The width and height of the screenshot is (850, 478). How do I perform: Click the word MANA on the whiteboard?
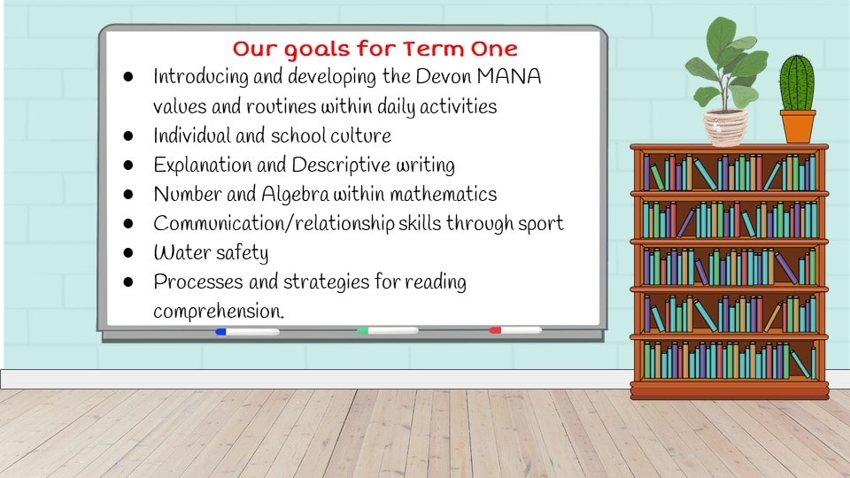(x=509, y=76)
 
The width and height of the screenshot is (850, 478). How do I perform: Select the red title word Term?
(x=433, y=49)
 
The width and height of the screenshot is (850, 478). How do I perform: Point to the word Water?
(x=182, y=252)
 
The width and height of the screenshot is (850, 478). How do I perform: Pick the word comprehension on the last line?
(x=219, y=312)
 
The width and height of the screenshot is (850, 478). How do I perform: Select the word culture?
(x=360, y=135)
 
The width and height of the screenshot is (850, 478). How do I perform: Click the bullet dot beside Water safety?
(x=128, y=252)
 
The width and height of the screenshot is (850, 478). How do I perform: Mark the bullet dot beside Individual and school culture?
(x=128, y=135)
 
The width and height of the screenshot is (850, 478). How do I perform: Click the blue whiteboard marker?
(x=247, y=332)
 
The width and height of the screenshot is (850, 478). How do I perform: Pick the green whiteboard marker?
(x=388, y=330)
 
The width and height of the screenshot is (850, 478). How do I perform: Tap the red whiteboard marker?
(x=515, y=330)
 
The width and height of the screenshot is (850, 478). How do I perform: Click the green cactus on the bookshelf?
(x=797, y=83)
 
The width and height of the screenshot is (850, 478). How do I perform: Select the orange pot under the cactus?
(x=798, y=127)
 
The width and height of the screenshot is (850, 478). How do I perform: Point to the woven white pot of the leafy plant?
(x=725, y=127)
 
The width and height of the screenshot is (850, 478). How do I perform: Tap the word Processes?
(x=197, y=281)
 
